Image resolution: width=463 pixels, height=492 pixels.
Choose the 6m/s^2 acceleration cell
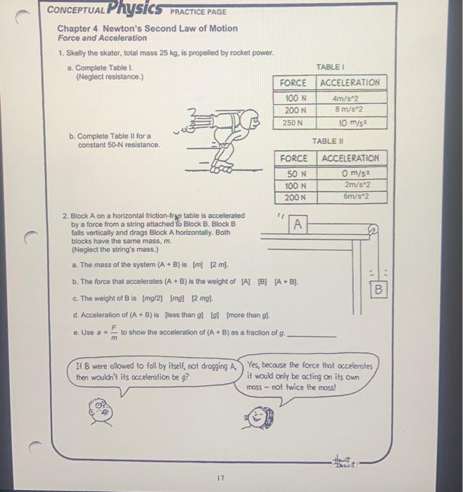(353, 197)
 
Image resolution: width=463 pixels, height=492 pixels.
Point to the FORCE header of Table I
(293, 82)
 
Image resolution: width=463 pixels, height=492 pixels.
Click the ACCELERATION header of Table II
(353, 158)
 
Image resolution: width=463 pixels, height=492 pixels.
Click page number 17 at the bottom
(220, 477)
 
